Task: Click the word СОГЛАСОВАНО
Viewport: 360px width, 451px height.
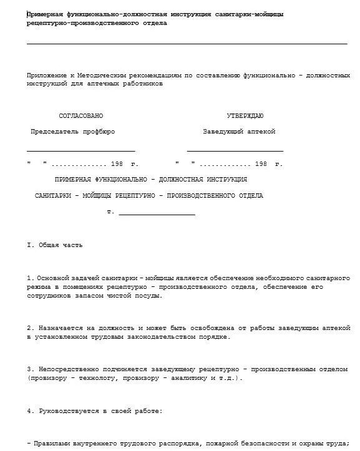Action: pos(80,116)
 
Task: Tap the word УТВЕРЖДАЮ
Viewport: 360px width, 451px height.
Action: pos(245,116)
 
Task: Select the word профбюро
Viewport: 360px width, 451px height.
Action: pos(100,132)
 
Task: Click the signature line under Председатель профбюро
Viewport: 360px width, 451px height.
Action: pos(80,151)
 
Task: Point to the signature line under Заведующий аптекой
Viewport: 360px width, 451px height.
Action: pos(235,151)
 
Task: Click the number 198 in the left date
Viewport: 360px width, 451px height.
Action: pos(117,163)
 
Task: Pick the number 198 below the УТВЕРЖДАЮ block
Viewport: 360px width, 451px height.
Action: pos(261,163)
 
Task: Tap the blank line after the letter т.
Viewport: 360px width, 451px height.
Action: pos(157,215)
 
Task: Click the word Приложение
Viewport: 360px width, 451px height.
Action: pos(45,75)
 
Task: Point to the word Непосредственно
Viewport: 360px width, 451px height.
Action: pos(64,369)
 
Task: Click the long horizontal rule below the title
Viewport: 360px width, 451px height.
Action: pos(187,44)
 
